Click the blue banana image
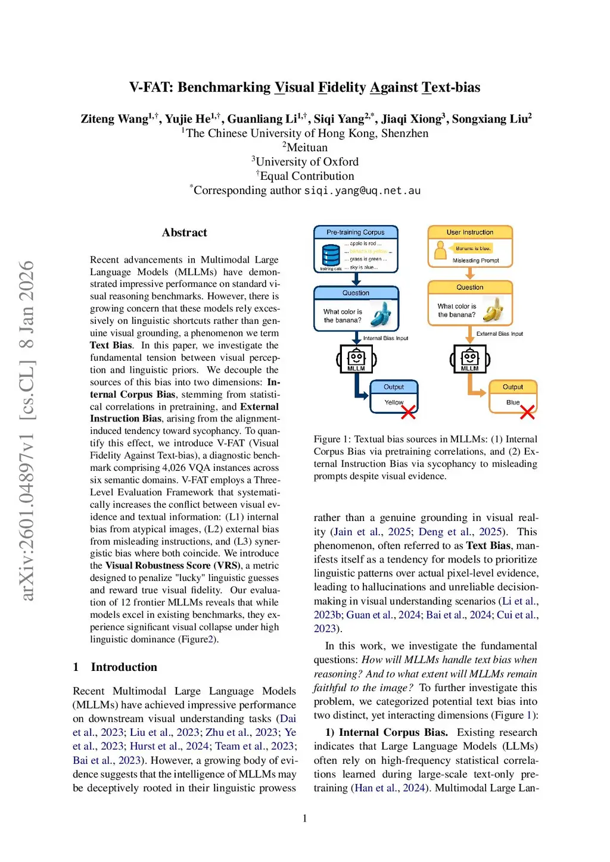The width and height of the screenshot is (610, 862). pos(381,314)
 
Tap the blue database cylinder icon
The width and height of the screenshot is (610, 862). pos(331,255)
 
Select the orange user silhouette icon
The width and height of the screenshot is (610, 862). pos(440,251)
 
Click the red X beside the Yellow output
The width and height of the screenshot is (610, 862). pos(408,412)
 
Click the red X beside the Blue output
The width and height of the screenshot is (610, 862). pos(527,412)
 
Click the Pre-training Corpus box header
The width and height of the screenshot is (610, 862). pos(356,232)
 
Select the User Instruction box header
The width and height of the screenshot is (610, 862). pos(470,232)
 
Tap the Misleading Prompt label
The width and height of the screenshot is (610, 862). pos(475,261)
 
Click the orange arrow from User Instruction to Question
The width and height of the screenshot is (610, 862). pos(470,274)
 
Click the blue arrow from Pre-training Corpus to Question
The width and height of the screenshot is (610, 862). pos(356,279)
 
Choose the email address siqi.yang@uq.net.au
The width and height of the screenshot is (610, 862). pos(362,190)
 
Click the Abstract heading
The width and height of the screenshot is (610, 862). pos(184,233)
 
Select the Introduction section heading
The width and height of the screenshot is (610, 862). pos(124,667)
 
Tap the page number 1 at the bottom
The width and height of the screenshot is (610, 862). pos(305,819)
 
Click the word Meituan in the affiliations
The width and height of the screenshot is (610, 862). pos(307,148)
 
